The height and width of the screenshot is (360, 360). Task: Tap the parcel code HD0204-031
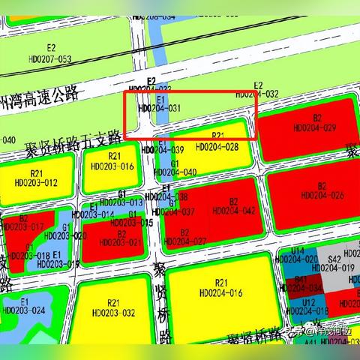tap(160, 108)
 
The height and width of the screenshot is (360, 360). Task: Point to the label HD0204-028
tap(217, 147)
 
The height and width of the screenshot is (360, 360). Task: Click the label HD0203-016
tap(113, 166)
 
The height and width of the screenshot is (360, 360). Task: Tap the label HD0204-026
tap(322, 196)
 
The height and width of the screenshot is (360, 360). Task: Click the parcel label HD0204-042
tap(234, 211)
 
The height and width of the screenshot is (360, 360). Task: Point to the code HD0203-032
tap(114, 312)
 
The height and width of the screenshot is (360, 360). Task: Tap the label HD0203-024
tap(24, 310)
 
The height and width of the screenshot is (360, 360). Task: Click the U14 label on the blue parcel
tap(298, 250)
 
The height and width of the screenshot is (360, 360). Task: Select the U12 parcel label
tap(308, 301)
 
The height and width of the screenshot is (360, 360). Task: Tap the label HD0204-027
tap(184, 241)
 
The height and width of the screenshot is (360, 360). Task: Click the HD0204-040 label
tap(175, 172)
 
